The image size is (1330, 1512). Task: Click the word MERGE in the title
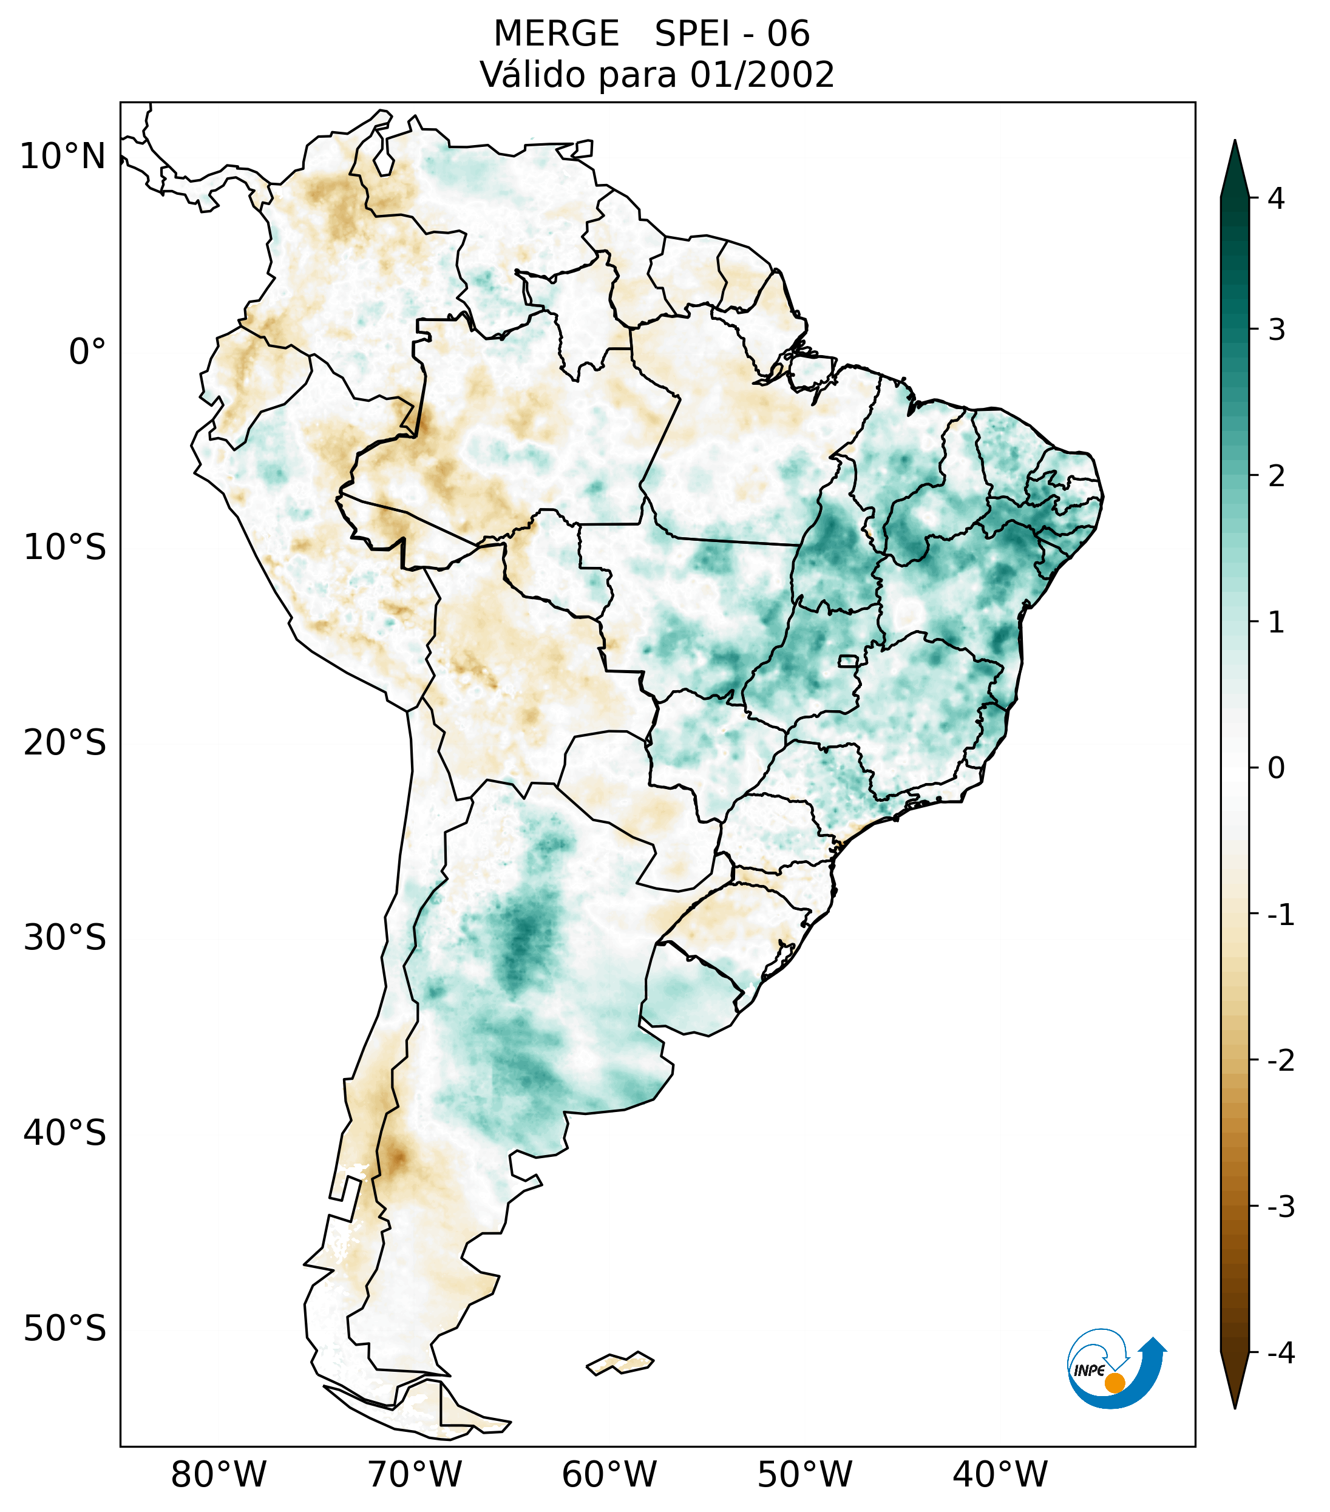[x=555, y=34]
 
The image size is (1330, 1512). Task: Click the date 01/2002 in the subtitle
[x=762, y=75]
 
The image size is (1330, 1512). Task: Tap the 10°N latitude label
[x=63, y=157]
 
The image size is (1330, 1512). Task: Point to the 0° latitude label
[x=87, y=352]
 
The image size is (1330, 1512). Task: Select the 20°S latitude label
[x=65, y=743]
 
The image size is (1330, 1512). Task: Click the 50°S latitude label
[x=65, y=1329]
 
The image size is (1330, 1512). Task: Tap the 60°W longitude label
[x=609, y=1474]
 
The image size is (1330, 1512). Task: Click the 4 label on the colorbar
[x=1276, y=198]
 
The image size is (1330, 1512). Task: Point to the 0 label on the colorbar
[x=1276, y=768]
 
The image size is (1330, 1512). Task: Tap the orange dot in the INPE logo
[x=1114, y=1383]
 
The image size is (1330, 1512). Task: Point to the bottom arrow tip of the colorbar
[x=1235, y=1407]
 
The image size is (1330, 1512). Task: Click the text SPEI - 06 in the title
[x=732, y=34]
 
